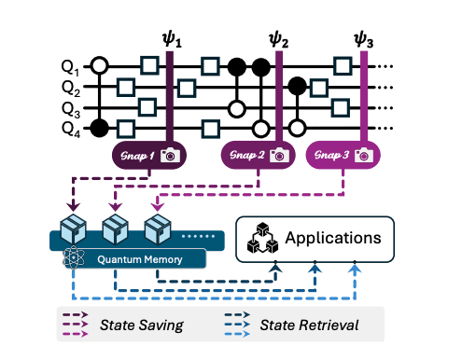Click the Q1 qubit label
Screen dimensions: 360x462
[69, 67]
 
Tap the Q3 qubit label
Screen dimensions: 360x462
[69, 108]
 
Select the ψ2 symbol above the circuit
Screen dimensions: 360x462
[278, 41]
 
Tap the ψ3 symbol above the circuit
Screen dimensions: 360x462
[364, 41]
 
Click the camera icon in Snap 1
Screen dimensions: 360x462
[170, 155]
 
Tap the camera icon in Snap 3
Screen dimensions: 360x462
[365, 155]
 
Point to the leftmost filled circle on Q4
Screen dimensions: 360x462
[99, 128]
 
